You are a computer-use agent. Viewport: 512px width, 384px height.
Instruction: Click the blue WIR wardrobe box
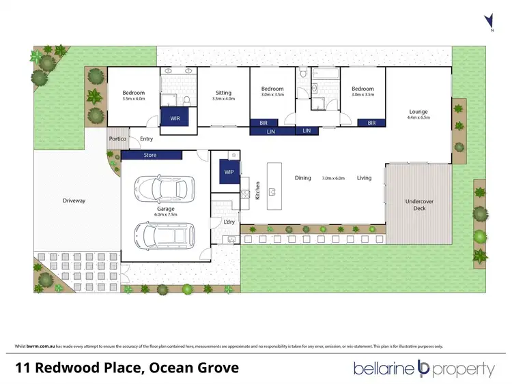(174, 118)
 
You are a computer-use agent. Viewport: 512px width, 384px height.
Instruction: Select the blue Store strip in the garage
(150, 155)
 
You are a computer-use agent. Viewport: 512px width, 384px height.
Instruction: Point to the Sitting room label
(223, 93)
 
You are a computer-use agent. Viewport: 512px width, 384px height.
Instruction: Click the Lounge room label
(418, 111)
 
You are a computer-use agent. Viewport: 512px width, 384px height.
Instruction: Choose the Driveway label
(74, 201)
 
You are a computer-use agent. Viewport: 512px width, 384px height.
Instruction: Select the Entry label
(146, 139)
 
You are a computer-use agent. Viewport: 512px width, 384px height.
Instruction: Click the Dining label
(303, 178)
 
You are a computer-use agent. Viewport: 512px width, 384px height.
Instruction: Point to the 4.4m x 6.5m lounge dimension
(418, 118)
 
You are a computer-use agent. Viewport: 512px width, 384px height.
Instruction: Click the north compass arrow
(487, 20)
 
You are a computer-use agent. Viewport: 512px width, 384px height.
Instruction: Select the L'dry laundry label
(229, 222)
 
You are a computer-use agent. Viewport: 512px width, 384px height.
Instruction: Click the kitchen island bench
(274, 187)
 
